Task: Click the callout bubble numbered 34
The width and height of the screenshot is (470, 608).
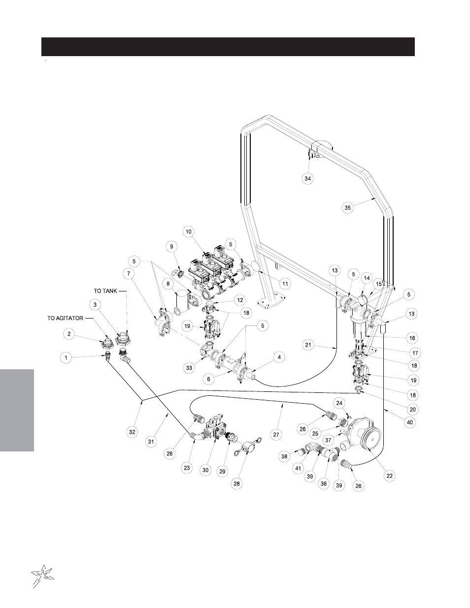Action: [x=307, y=179]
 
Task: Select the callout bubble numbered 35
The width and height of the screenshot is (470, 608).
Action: [x=348, y=207]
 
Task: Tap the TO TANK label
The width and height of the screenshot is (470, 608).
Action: [x=105, y=291]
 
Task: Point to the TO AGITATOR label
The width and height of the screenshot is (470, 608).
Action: [x=66, y=318]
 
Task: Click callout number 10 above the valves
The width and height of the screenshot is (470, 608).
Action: [x=188, y=230]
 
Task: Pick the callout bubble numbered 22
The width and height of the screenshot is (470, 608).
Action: [x=390, y=475]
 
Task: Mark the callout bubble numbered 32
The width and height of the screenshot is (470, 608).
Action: [x=132, y=432]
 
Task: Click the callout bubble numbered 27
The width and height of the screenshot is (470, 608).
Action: [x=276, y=434]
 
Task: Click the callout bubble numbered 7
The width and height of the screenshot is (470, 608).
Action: [x=128, y=273]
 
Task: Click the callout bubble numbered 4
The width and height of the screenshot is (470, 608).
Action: [x=279, y=357]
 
